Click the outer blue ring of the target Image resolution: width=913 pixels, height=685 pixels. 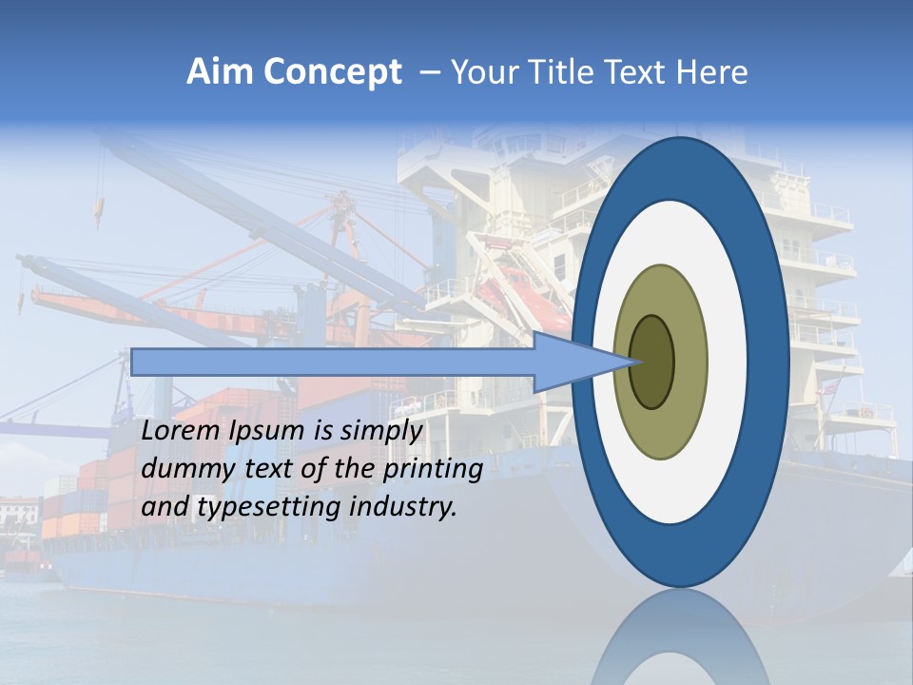[772, 362]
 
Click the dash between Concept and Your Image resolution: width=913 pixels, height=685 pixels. [428, 73]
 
